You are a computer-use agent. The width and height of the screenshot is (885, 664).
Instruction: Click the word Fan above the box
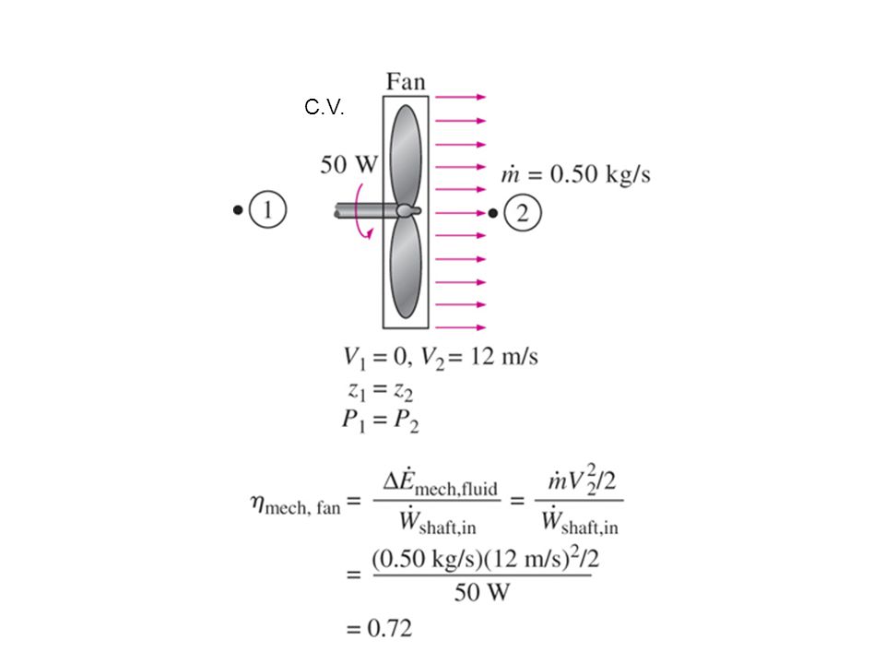coord(406,82)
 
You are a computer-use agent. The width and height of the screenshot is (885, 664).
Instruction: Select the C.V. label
coord(324,107)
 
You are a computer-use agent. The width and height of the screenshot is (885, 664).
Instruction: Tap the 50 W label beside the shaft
coord(348,164)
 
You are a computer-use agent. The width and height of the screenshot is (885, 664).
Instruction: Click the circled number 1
coord(267,209)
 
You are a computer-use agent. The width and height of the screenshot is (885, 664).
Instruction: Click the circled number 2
coord(523,213)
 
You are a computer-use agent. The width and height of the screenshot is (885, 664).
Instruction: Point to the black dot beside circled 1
coord(238,210)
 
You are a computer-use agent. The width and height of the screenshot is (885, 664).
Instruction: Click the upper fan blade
coord(406,156)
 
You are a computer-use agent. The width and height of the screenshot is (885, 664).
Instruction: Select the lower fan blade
coord(406,267)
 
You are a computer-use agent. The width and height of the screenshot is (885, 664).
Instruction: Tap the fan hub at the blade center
coord(407,210)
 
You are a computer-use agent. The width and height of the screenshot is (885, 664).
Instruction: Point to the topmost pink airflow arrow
coord(461,97)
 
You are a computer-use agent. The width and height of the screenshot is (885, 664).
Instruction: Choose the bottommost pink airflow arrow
coord(461,327)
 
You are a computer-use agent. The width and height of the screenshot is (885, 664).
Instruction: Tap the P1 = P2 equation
coord(380,421)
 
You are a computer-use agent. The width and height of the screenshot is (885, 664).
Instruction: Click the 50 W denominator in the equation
coord(481,592)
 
